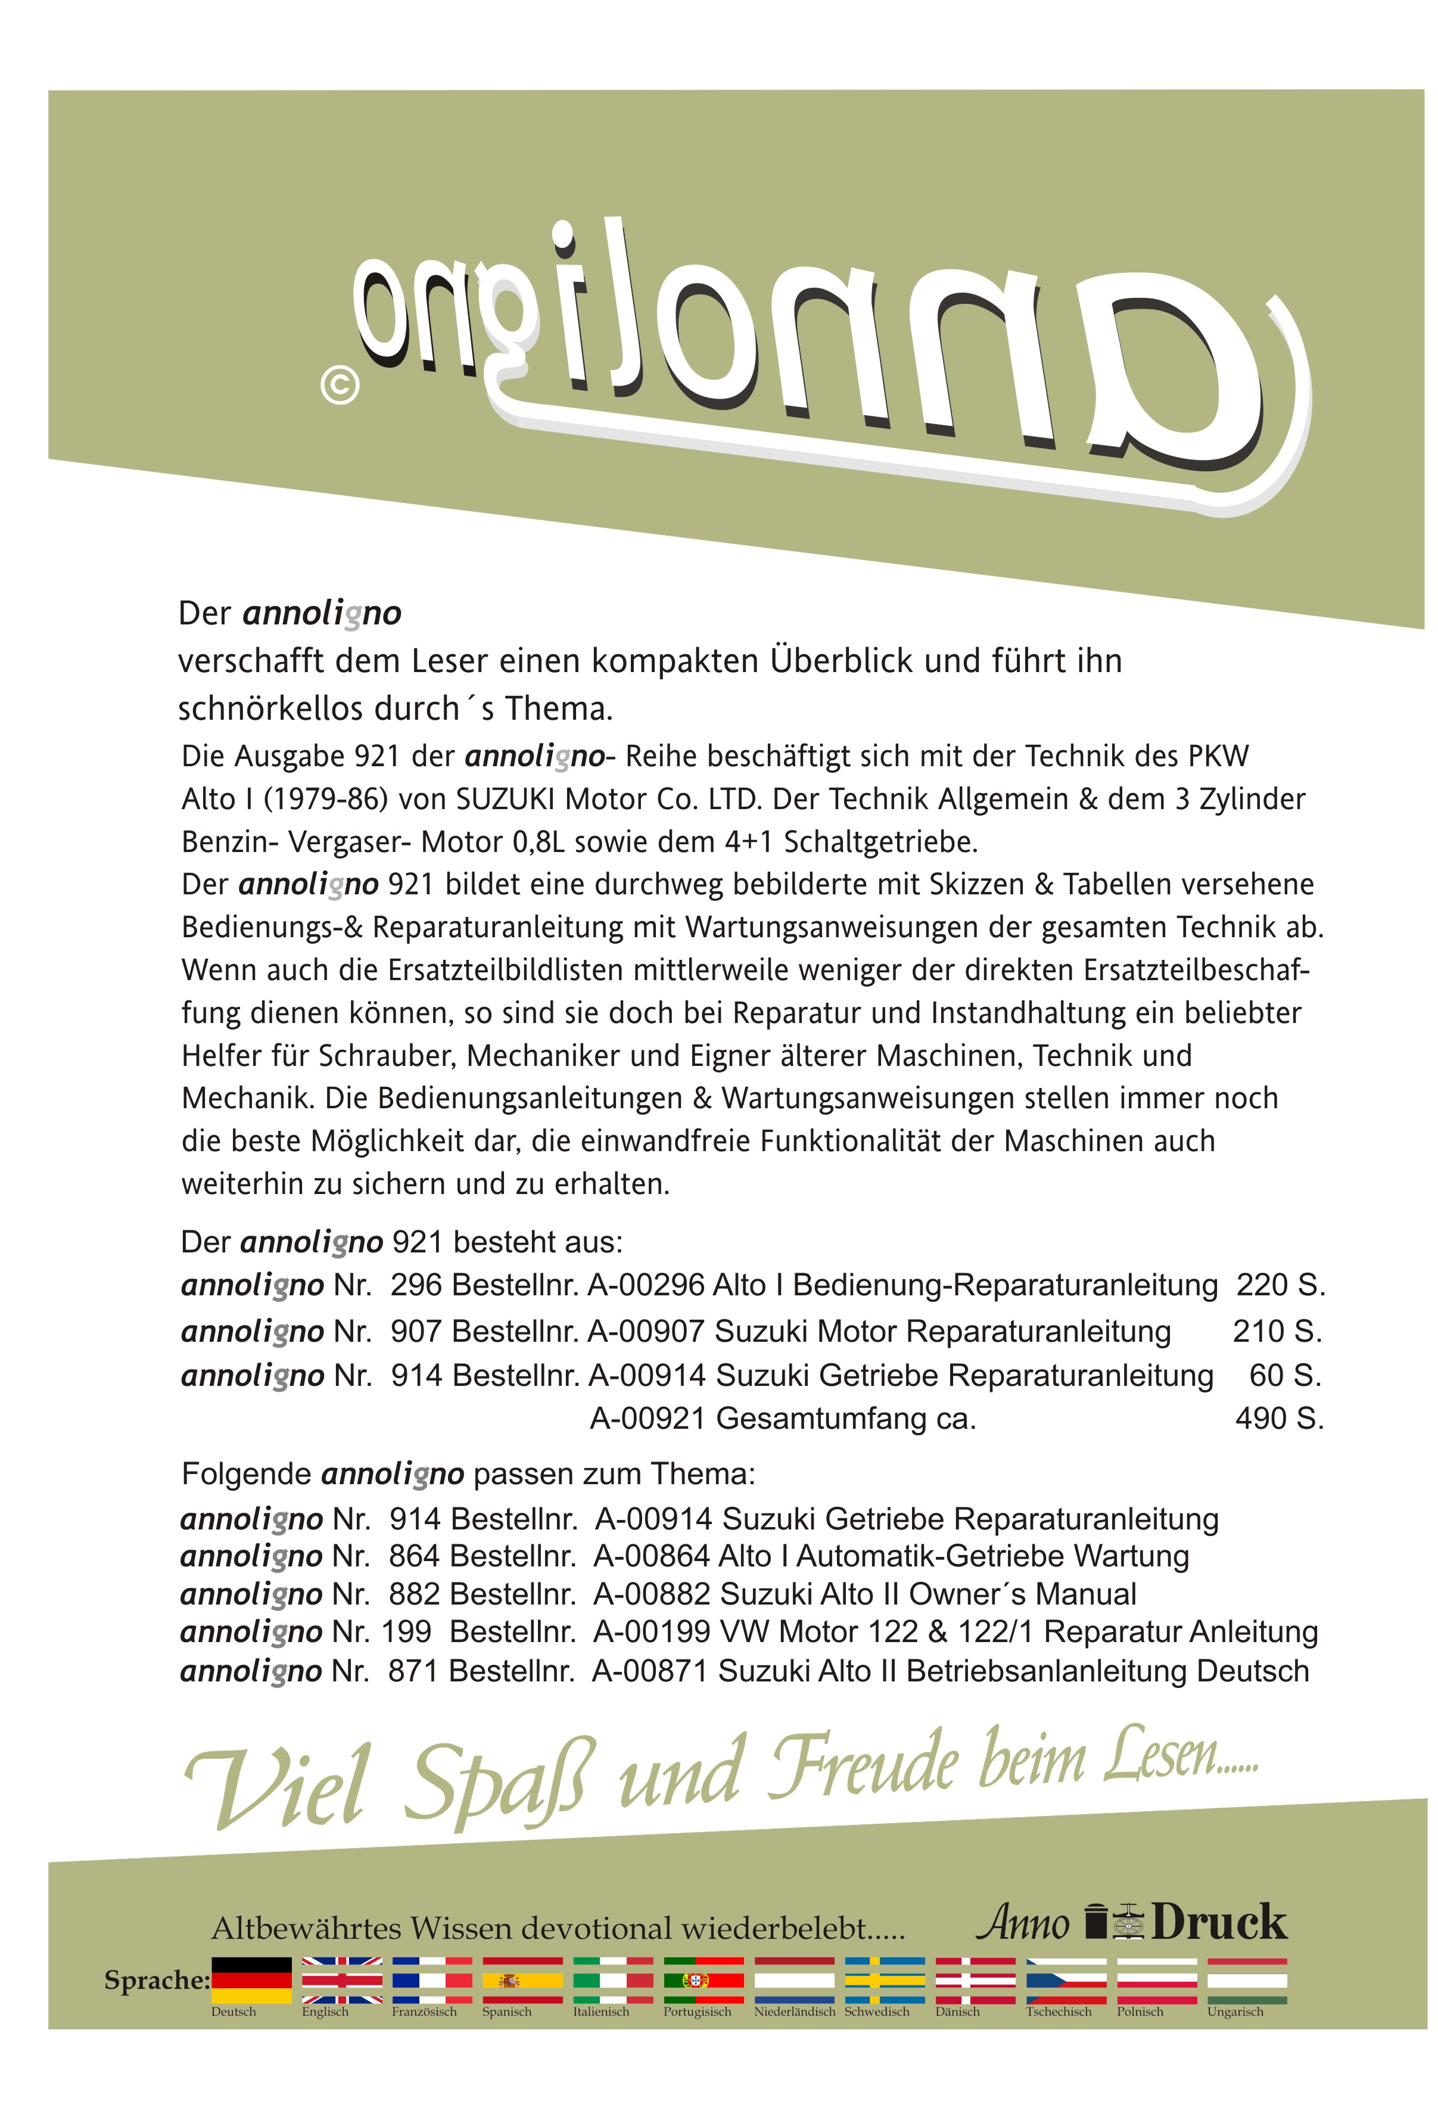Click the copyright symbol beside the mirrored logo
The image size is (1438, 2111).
pyautogui.click(x=340, y=386)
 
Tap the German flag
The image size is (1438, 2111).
pyautogui.click(x=251, y=1980)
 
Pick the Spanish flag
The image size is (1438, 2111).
pyautogui.click(x=522, y=1980)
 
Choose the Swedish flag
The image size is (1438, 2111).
pyautogui.click(x=884, y=1980)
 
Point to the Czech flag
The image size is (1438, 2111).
pyautogui.click(x=1066, y=1980)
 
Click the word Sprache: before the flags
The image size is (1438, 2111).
pyautogui.click(x=156, y=1980)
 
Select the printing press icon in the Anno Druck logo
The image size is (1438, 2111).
pyautogui.click(x=1129, y=1923)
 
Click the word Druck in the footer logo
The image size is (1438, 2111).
pyautogui.click(x=1219, y=1923)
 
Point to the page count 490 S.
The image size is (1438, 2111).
pyautogui.click(x=1279, y=1418)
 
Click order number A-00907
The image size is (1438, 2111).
pyautogui.click(x=647, y=1332)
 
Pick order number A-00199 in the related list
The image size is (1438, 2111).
pyautogui.click(x=651, y=1633)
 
